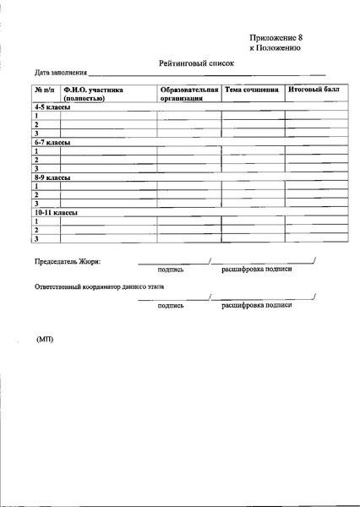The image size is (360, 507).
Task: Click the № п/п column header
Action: pos(44,89)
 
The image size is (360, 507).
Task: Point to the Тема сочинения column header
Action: pos(252,89)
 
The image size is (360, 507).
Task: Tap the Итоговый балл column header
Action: pos(314,89)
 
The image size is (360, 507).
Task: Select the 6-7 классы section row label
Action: pos(52,144)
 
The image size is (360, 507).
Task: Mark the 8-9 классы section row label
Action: pos(52,178)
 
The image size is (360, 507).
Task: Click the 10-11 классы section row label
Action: pos(56,213)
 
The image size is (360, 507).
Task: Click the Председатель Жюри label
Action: pos(67,260)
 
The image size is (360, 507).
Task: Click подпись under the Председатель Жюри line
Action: pos(171,270)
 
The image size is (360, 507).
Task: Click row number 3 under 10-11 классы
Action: pos(36,239)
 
